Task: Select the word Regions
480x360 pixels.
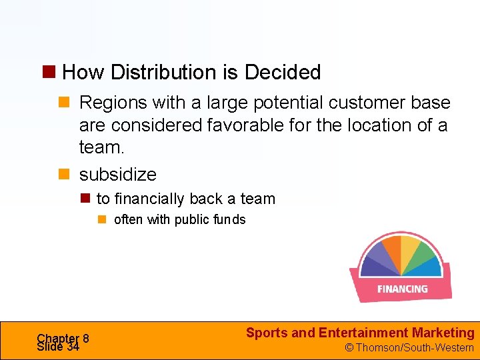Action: [x=113, y=103]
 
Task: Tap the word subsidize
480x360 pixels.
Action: [x=118, y=175]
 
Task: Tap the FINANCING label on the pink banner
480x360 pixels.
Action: [x=402, y=289]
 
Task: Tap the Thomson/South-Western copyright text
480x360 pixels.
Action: [x=409, y=347]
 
